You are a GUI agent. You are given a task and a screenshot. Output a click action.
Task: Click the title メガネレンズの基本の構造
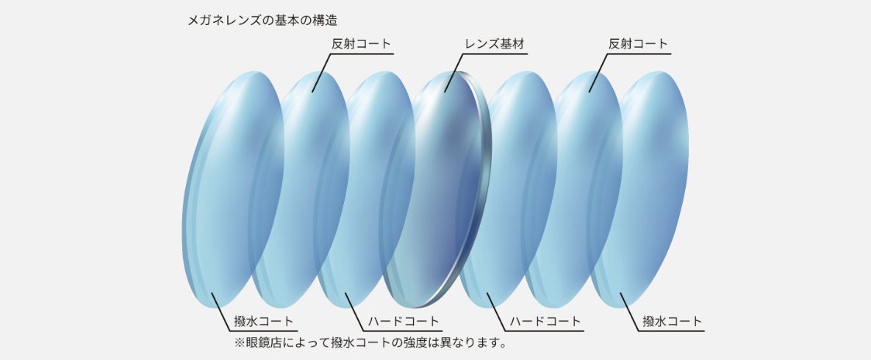[265, 16]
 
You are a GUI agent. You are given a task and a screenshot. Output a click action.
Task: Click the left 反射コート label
[361, 44]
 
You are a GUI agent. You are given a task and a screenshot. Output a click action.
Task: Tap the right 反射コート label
[638, 44]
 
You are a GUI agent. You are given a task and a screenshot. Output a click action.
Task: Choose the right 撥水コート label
[672, 322]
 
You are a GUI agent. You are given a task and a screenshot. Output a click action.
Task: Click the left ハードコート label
[404, 322]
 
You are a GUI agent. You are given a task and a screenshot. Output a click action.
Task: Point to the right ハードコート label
[545, 322]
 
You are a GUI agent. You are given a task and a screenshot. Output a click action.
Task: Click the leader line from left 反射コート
[320, 73]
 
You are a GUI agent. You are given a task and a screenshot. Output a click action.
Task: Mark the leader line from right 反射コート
[598, 73]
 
